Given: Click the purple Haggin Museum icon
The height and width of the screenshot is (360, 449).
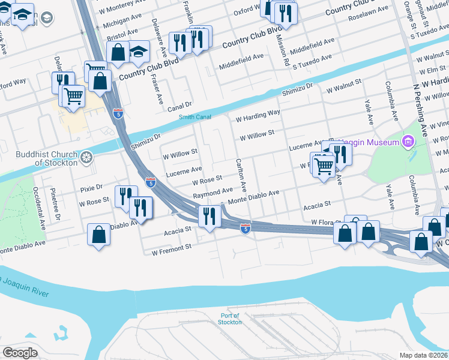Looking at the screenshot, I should tap(409, 142).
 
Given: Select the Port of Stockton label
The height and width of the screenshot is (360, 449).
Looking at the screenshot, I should tap(231, 319).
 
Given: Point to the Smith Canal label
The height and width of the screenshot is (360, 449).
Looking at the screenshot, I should tap(194, 117).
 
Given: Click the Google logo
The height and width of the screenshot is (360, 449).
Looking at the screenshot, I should tap(20, 353).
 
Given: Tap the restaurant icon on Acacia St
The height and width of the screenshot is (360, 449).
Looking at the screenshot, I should tap(209, 217).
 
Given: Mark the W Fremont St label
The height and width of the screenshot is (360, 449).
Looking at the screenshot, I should tap(171, 247).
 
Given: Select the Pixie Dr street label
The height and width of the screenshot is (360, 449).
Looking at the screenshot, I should tap(91, 188).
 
